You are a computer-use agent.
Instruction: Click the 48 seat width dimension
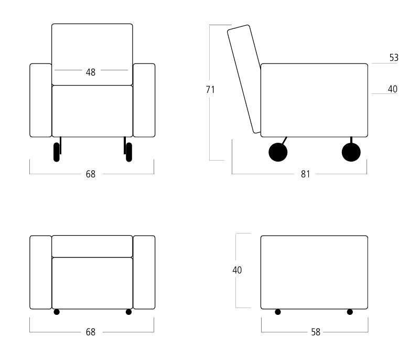click(91, 72)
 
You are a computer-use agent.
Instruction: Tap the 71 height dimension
click(210, 90)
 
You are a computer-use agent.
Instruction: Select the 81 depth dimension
click(305, 174)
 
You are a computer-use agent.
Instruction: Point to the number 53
click(394, 58)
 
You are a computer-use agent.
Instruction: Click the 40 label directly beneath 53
click(393, 89)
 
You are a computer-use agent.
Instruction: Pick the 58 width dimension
click(316, 332)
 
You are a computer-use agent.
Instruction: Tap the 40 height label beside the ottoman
click(237, 270)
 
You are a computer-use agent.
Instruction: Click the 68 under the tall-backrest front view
click(91, 174)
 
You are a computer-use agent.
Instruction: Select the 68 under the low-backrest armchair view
click(91, 332)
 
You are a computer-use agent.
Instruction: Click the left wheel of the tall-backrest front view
click(57, 152)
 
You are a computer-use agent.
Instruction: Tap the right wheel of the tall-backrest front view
click(129, 152)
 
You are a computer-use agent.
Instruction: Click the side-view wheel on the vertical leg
click(351, 152)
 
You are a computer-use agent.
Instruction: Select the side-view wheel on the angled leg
click(278, 152)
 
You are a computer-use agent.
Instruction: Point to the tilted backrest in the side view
click(244, 79)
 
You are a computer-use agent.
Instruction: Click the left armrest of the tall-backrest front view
click(41, 100)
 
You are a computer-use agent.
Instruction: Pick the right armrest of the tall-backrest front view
click(144, 100)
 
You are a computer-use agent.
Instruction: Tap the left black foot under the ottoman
click(278, 312)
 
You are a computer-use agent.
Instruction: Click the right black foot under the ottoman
click(350, 312)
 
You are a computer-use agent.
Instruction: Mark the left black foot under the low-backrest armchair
click(57, 312)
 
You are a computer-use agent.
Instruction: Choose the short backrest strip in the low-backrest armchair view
click(92, 246)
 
